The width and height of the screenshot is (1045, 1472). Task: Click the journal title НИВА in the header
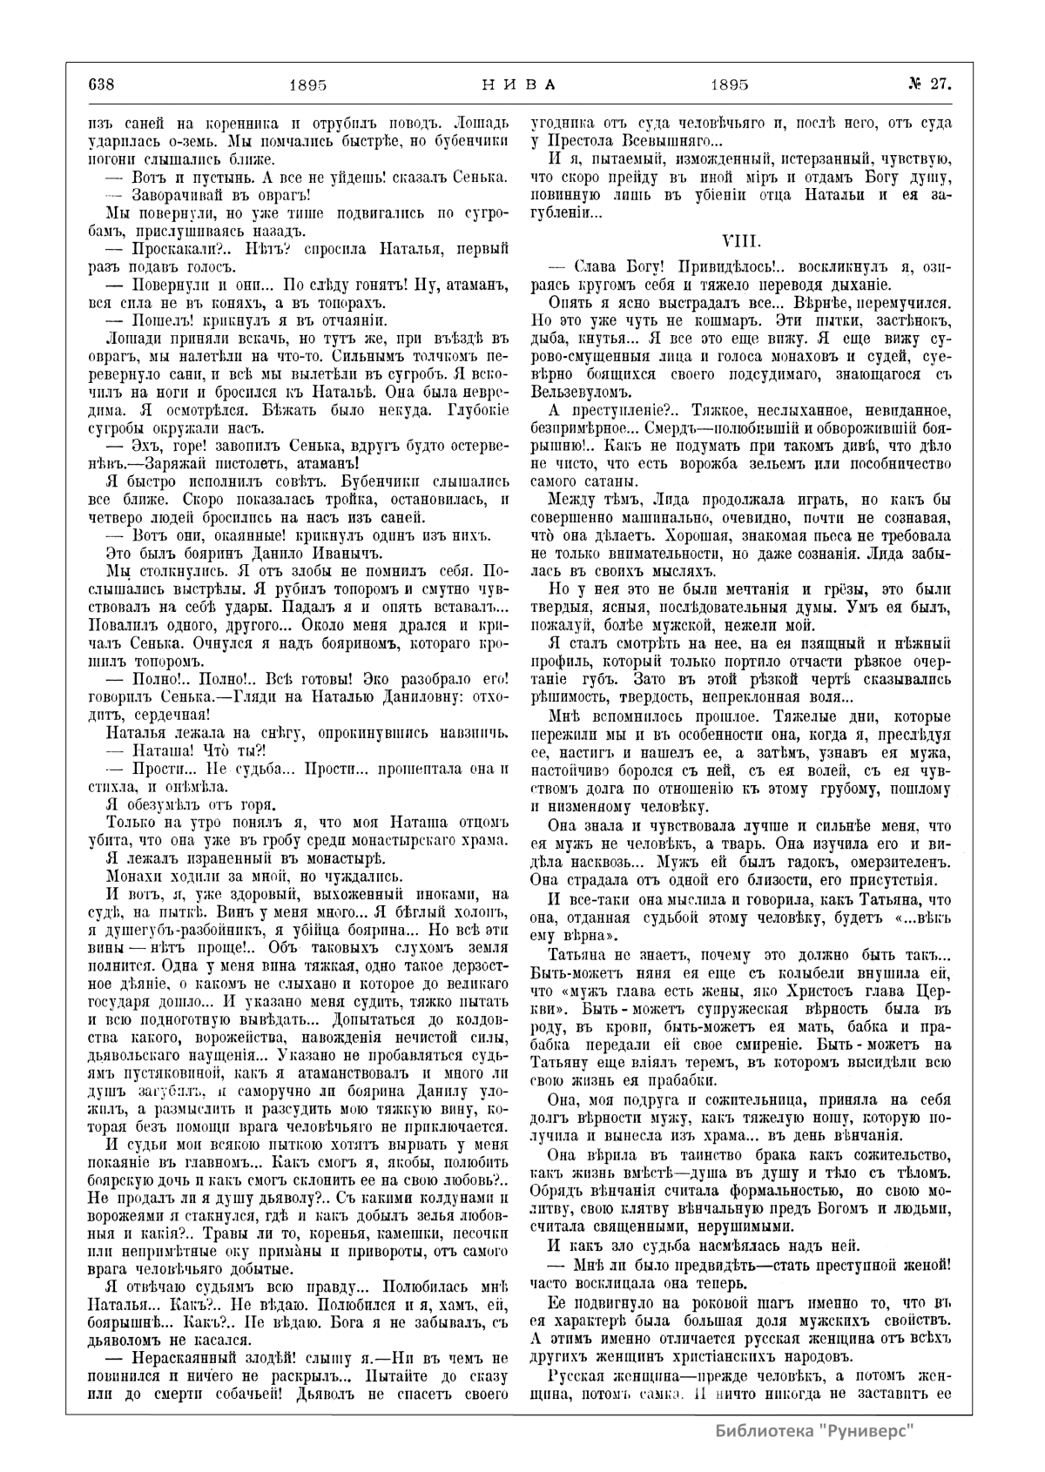[x=519, y=84]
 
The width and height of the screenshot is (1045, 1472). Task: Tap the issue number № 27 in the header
[x=928, y=84]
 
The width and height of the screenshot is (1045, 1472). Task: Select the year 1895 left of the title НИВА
[x=307, y=85]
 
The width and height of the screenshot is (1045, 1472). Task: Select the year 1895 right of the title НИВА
[x=730, y=85]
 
